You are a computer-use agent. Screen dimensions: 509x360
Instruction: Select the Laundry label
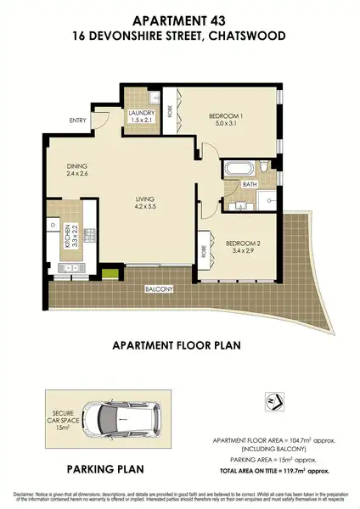point(139,114)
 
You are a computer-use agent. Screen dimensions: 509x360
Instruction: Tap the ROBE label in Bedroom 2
point(205,252)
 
